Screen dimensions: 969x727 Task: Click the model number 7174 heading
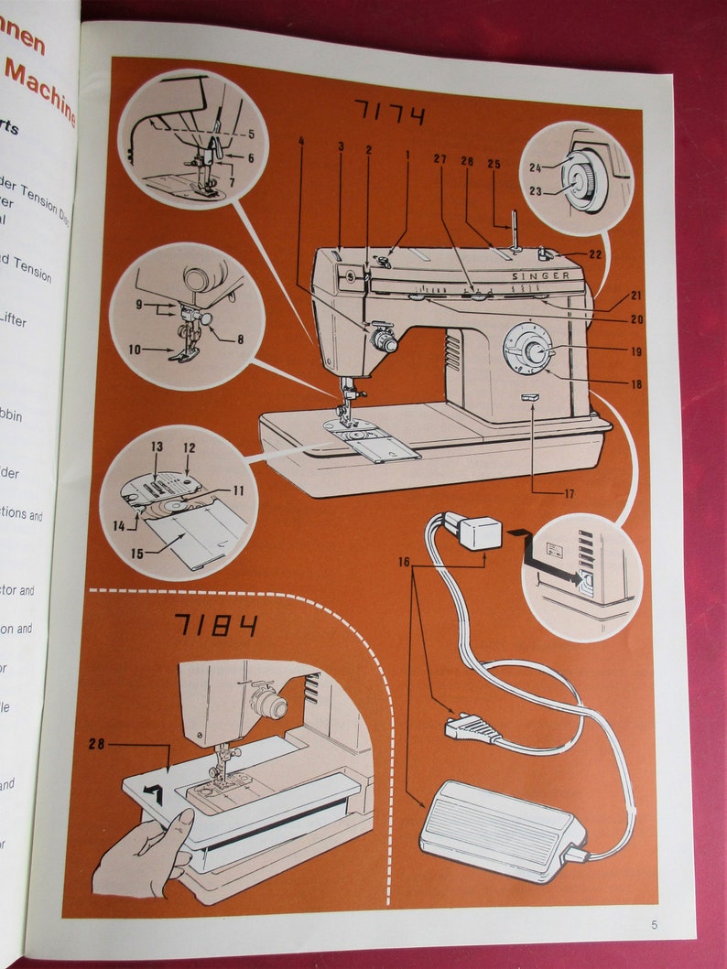click(389, 115)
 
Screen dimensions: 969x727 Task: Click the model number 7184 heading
click(216, 625)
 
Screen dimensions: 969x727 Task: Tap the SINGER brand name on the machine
click(540, 275)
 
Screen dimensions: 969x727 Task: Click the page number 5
click(654, 924)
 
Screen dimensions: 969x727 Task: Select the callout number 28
click(98, 744)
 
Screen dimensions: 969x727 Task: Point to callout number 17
click(570, 494)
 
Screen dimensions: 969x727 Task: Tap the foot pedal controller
click(499, 828)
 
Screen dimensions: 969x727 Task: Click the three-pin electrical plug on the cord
click(472, 728)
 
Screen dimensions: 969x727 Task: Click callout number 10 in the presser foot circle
click(135, 349)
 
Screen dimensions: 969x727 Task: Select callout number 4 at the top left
click(299, 141)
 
